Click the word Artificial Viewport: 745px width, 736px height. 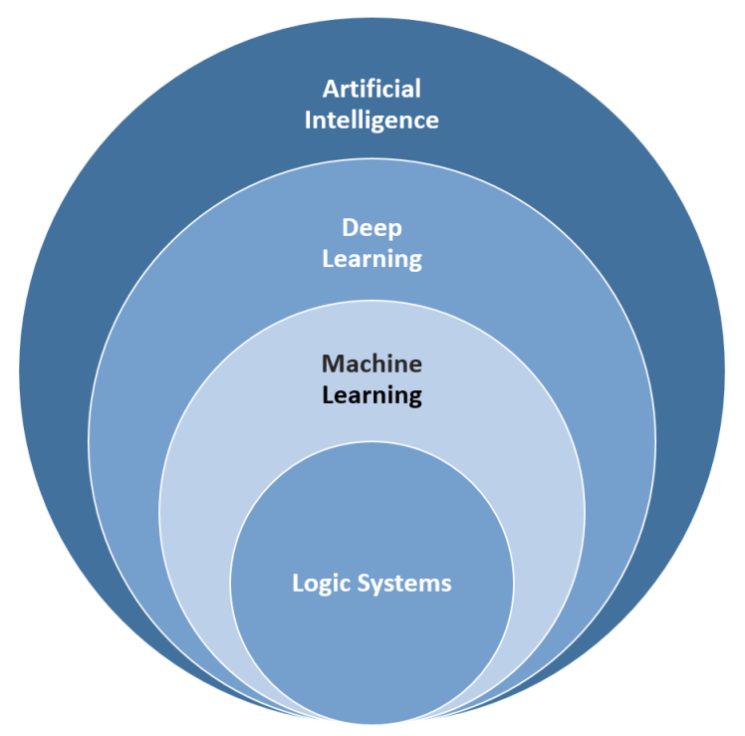tap(372, 89)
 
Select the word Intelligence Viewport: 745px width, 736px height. tap(372, 121)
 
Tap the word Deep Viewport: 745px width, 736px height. tap(372, 229)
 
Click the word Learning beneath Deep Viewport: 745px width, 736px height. tap(372, 259)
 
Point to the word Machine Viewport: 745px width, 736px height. tap(372, 364)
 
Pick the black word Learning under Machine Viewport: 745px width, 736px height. tap(372, 395)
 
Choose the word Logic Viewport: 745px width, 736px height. tap(321, 584)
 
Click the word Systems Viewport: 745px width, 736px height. tap(404, 584)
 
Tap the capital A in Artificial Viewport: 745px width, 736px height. tap(332, 90)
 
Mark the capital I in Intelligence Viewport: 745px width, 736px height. tap(308, 121)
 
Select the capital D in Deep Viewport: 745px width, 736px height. tap(351, 228)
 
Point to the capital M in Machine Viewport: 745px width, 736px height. tap(333, 365)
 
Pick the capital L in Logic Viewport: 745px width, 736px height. tap(298, 583)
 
